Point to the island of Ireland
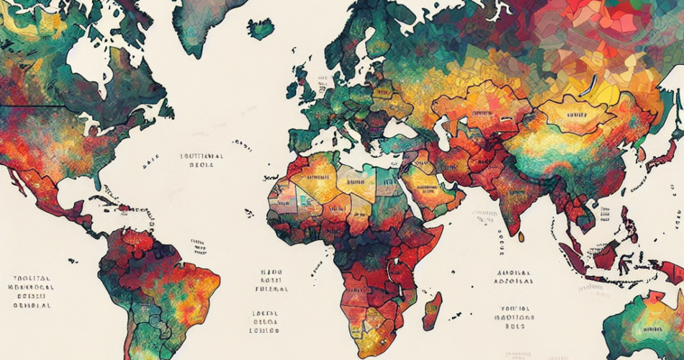click(293, 90)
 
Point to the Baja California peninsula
click(16, 176)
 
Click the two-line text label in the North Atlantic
click(202, 159)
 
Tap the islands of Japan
click(652, 155)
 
